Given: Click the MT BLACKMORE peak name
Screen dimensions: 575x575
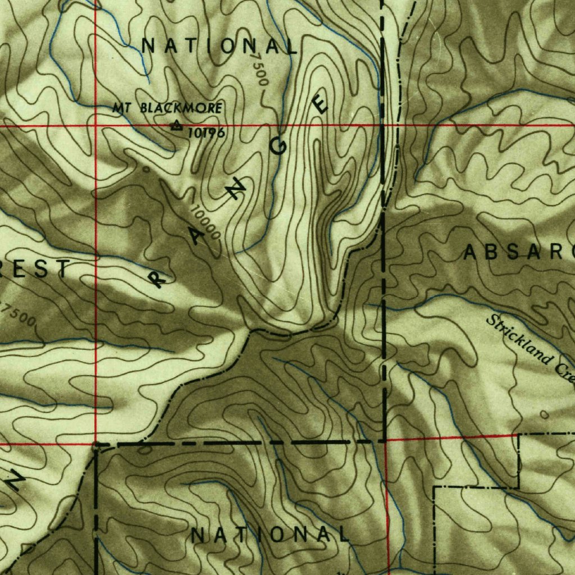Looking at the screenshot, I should tap(167, 108).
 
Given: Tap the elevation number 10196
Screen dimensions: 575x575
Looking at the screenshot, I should tap(207, 133).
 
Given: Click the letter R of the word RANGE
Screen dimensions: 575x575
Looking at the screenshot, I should tap(158, 277).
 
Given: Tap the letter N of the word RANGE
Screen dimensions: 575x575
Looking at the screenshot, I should tap(239, 190).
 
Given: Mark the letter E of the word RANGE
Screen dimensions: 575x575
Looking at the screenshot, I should tap(321, 104).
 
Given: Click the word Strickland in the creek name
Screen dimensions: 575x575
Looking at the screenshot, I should tap(519, 339).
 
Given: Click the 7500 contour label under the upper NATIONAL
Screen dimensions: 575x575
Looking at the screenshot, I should tap(259, 69).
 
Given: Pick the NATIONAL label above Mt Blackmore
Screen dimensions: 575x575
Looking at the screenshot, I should tap(220, 46).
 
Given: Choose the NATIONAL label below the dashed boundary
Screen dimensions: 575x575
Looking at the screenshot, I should tap(270, 535).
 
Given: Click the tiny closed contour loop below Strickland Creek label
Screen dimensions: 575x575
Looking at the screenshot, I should tap(544, 414).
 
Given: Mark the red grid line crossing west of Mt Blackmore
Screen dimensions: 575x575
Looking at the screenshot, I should tap(95, 126).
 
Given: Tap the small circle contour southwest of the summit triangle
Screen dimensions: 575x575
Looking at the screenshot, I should tap(147, 168).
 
